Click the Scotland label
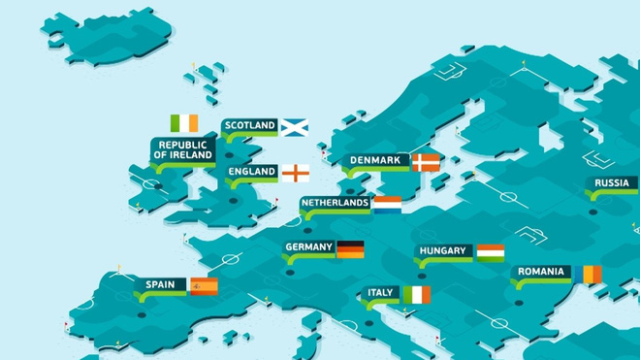[x=250, y=126]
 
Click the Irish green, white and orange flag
[x=183, y=123]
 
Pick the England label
[x=252, y=173]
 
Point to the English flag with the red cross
[x=296, y=173]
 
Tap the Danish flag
[x=425, y=161]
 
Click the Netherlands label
[x=336, y=203]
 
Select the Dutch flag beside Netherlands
[x=387, y=204]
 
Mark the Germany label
[x=309, y=247]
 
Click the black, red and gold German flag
[x=350, y=248]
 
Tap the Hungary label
[x=444, y=251]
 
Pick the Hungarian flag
[x=490, y=252]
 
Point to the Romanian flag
[x=587, y=275]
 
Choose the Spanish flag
[x=204, y=285]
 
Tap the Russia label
[x=613, y=182]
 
